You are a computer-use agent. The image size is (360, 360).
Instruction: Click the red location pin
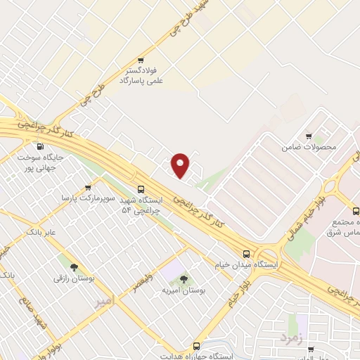[181, 165]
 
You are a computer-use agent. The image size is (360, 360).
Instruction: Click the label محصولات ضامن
[309, 148]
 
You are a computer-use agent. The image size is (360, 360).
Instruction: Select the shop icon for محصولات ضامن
[309, 136]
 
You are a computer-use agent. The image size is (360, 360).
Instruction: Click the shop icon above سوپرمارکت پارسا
[87, 188]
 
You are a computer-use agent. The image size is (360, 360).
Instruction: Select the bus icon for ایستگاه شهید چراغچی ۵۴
[141, 189]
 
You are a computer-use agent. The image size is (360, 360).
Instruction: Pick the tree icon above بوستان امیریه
[184, 278]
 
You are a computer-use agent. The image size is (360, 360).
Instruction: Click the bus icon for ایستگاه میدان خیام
[246, 254]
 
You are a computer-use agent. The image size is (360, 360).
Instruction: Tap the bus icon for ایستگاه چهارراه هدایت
[196, 346]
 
